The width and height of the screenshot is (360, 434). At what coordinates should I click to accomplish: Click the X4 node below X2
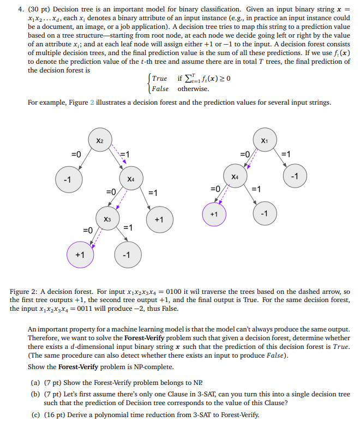coord(130,179)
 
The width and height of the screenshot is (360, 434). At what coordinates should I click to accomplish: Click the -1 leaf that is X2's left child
coord(67,179)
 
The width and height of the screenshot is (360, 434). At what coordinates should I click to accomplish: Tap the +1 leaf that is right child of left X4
coord(158,219)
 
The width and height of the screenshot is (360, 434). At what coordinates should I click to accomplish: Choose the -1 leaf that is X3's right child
coord(127,255)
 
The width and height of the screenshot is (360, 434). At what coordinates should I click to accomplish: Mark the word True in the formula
coord(160,79)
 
